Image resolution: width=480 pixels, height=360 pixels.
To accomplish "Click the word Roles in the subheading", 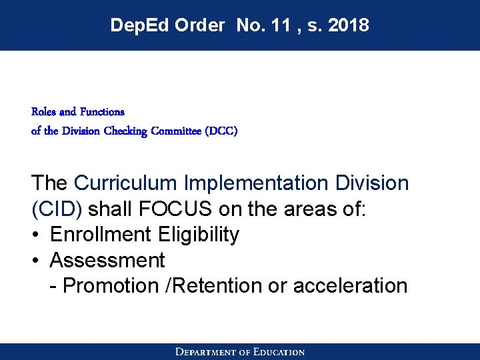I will [43, 111].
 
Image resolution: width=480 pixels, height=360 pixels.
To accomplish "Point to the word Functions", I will [101, 111].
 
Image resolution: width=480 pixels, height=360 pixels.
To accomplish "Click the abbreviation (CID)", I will [57, 209].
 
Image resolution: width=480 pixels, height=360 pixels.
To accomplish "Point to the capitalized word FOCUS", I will [175, 209].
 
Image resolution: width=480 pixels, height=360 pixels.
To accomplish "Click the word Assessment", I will [107, 260].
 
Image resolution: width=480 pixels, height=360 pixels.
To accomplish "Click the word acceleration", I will [350, 286].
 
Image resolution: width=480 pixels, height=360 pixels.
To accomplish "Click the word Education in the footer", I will [278, 352].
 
